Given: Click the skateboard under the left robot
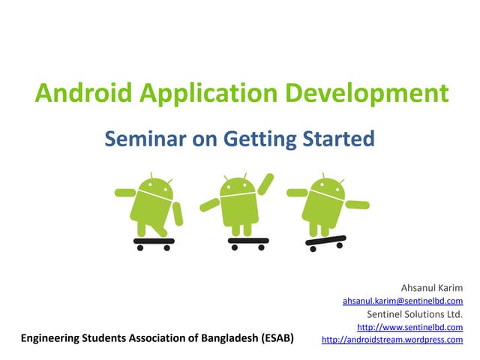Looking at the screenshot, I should pyautogui.click(x=154, y=242).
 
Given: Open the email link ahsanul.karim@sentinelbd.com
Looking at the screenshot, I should pyautogui.click(x=403, y=300).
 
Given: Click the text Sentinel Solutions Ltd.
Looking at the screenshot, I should pyautogui.click(x=414, y=313).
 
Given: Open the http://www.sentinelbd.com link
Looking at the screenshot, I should pyautogui.click(x=409, y=327).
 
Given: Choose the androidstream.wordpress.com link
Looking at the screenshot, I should pyautogui.click(x=392, y=340).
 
